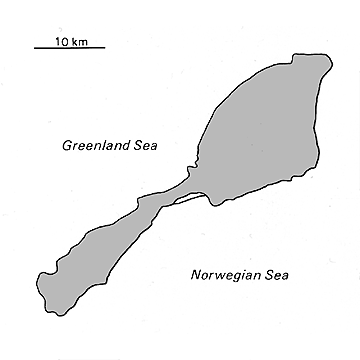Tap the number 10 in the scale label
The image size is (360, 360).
[62, 39]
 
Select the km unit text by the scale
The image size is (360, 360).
[77, 39]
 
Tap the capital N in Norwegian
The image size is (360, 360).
[194, 274]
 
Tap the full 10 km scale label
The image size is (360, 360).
[68, 39]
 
